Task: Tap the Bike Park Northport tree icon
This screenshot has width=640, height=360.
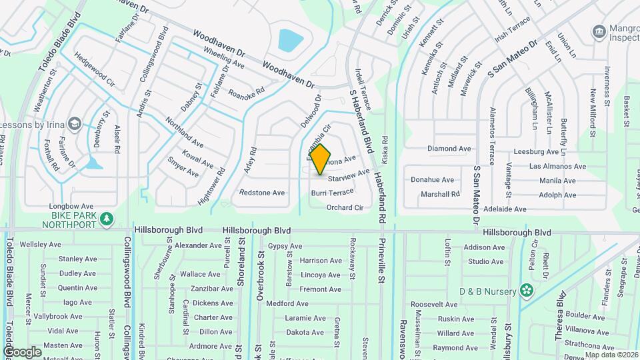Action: coord(106,219)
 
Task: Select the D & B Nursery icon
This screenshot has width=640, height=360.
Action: coord(527,290)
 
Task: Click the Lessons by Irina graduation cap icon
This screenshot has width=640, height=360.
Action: coord(75,124)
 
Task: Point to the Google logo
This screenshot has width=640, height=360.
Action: coord(21,351)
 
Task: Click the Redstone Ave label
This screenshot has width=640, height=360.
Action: coord(262,193)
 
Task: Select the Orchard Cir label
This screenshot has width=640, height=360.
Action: coord(345,207)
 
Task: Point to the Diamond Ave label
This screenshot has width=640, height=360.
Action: coord(449,149)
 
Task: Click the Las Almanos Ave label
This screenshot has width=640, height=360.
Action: coord(557,166)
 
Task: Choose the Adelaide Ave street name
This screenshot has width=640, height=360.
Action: coord(499,209)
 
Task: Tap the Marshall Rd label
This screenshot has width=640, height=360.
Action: coord(440,194)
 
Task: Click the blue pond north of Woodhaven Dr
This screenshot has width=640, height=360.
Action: coord(289,40)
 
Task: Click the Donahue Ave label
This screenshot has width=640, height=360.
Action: coord(432,180)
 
